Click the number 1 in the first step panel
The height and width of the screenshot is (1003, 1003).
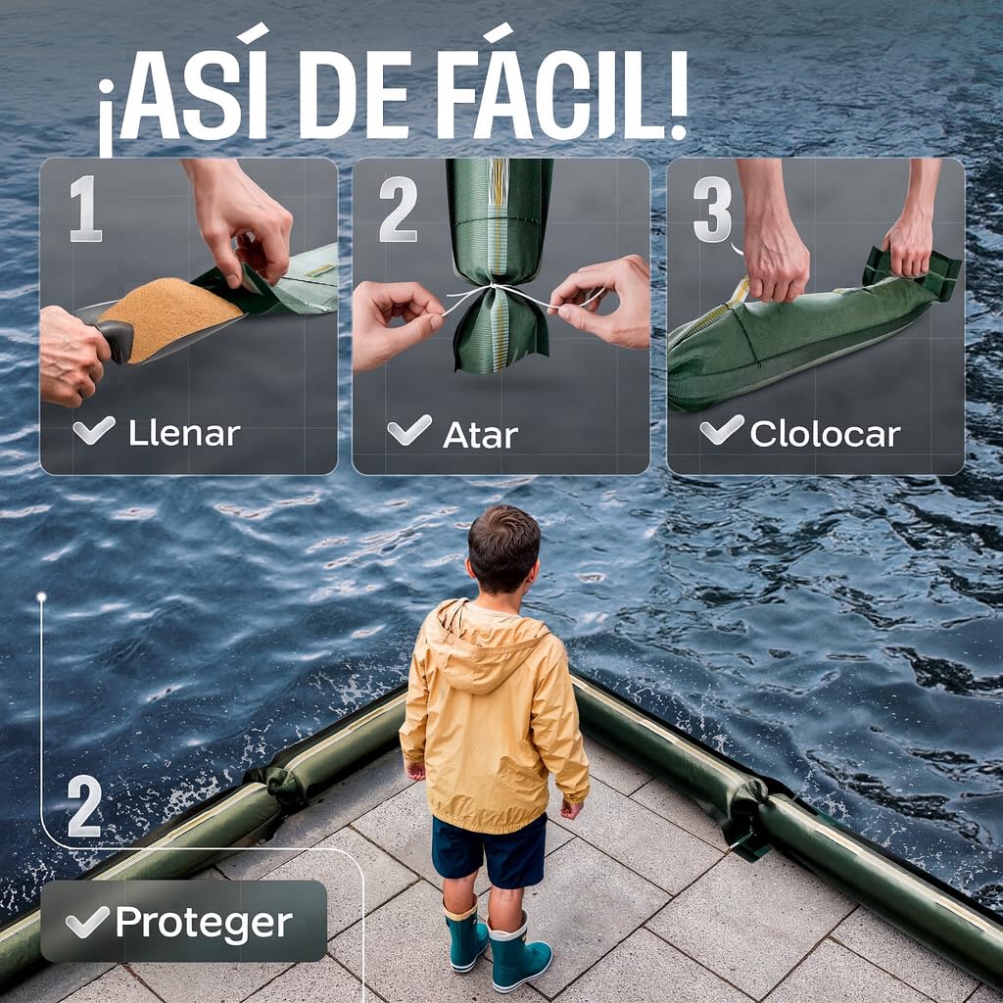click(x=86, y=209)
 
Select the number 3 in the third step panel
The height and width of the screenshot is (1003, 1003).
click(x=713, y=209)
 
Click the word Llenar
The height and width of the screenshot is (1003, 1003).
click(x=184, y=433)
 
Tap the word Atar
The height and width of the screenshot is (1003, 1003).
click(x=480, y=435)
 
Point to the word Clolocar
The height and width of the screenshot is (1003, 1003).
click(x=825, y=434)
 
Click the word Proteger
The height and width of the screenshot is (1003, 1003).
click(x=204, y=923)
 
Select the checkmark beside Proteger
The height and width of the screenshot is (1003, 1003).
click(x=87, y=922)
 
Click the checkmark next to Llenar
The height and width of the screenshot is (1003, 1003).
click(x=94, y=430)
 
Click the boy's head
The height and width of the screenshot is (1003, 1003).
click(x=503, y=549)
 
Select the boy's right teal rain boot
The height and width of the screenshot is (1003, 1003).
click(x=519, y=954)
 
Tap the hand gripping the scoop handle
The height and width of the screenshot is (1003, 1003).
click(x=72, y=355)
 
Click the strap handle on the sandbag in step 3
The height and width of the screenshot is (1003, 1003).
click(x=911, y=266)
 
